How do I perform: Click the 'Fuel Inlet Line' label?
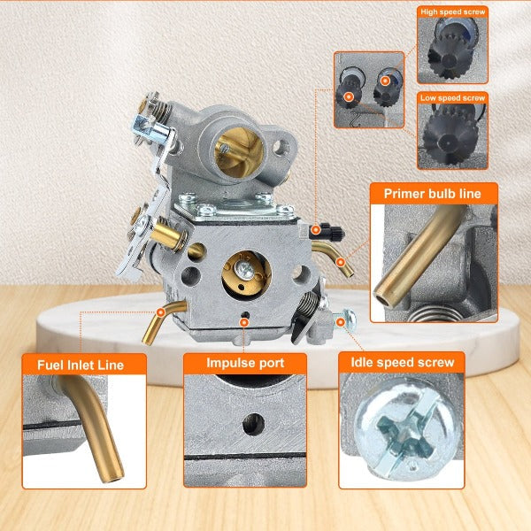click(x=81, y=365)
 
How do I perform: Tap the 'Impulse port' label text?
click(x=245, y=363)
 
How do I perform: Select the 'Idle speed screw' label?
click(x=403, y=362)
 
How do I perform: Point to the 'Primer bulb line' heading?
click(x=433, y=194)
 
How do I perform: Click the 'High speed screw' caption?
click(x=453, y=12)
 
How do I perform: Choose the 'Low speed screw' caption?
click(x=453, y=98)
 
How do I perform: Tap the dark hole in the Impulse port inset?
click(x=253, y=425)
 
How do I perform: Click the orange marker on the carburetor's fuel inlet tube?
click(x=161, y=312)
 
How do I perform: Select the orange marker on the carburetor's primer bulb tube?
click(x=341, y=262)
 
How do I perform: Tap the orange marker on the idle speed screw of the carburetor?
click(x=341, y=322)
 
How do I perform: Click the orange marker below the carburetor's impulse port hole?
click(x=244, y=322)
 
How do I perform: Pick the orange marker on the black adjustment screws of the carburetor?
click(x=316, y=230)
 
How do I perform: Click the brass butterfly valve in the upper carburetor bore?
click(x=240, y=153)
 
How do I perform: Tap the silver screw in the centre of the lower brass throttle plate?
click(x=244, y=270)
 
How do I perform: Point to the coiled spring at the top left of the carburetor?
click(x=159, y=108)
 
